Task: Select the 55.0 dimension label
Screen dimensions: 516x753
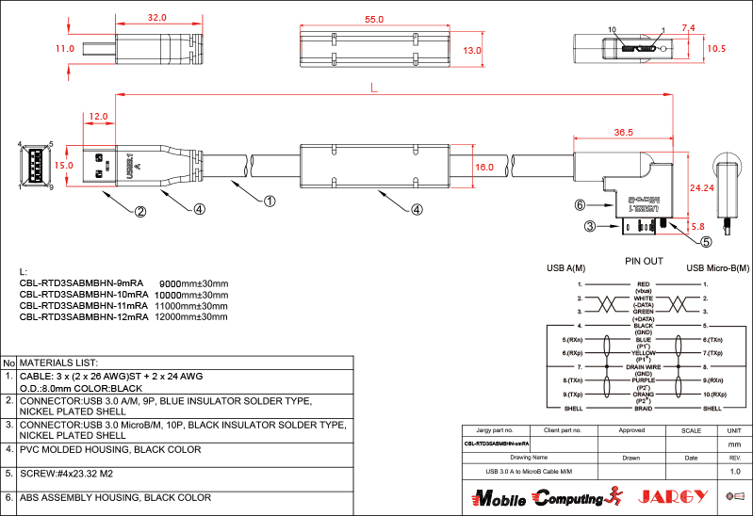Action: [373, 19]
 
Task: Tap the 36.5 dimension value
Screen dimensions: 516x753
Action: [623, 133]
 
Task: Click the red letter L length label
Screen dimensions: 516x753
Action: [374, 87]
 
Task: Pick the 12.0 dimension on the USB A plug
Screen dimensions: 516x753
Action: [98, 117]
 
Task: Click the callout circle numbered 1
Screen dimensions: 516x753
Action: [269, 201]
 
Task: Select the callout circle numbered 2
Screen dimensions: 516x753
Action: [139, 212]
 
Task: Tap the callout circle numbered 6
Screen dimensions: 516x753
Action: [581, 203]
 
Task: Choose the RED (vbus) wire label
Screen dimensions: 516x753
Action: [644, 287]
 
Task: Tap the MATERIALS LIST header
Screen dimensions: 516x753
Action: [59, 363]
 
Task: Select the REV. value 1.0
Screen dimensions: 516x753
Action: [735, 470]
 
